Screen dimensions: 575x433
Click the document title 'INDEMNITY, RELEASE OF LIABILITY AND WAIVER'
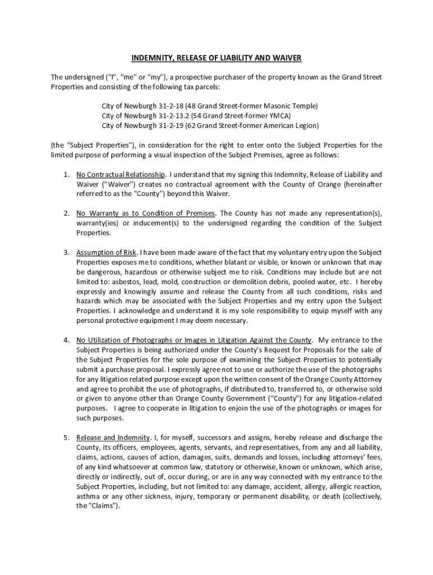[216, 58]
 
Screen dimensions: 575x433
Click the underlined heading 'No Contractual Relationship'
[121, 174]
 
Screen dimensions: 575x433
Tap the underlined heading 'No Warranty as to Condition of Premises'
[146, 213]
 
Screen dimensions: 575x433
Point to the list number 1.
[66, 174]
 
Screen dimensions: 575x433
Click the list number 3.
[66, 252]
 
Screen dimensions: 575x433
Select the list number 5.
[66, 438]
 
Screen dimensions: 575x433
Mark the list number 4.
[66, 340]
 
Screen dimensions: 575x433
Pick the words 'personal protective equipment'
[123, 321]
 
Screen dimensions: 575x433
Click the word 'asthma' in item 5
[87, 496]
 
